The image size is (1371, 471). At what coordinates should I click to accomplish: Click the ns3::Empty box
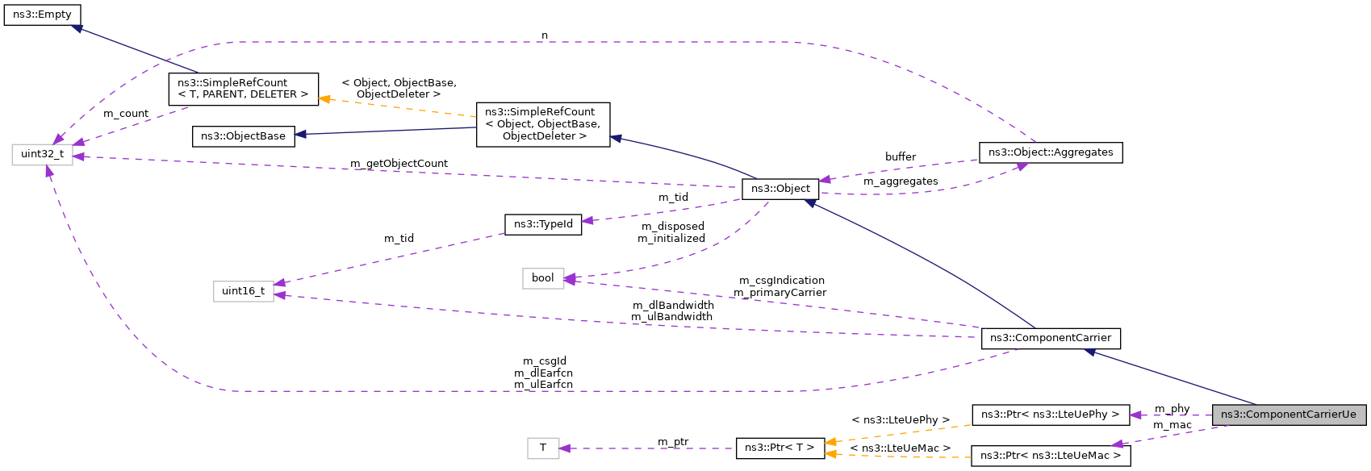[42, 15]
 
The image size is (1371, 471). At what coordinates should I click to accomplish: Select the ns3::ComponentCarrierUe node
[1288, 415]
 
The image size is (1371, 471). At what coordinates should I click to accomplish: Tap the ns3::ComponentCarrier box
[1050, 338]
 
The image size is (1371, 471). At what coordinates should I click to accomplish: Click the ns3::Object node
[780, 189]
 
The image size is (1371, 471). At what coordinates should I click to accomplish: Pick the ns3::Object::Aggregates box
[1050, 152]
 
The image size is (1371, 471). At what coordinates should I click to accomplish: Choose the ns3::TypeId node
[543, 224]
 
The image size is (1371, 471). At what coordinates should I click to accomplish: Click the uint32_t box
[42, 154]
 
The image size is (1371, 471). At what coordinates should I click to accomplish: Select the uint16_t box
[243, 291]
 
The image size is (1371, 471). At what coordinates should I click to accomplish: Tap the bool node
[542, 278]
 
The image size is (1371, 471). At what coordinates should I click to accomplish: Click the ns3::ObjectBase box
[243, 136]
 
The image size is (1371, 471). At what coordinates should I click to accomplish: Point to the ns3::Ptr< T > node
[779, 448]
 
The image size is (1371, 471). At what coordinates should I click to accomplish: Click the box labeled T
[542, 448]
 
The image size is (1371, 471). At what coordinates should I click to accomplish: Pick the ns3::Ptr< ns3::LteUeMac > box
[1050, 456]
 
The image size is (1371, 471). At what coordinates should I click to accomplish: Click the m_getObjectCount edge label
[399, 164]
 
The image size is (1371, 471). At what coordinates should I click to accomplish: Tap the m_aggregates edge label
[900, 181]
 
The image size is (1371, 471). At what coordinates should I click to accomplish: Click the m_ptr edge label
[673, 442]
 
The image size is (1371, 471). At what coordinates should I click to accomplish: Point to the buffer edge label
[900, 157]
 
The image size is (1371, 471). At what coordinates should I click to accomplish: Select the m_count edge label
[126, 114]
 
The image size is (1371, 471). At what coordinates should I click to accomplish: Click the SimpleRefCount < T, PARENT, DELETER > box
[243, 89]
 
